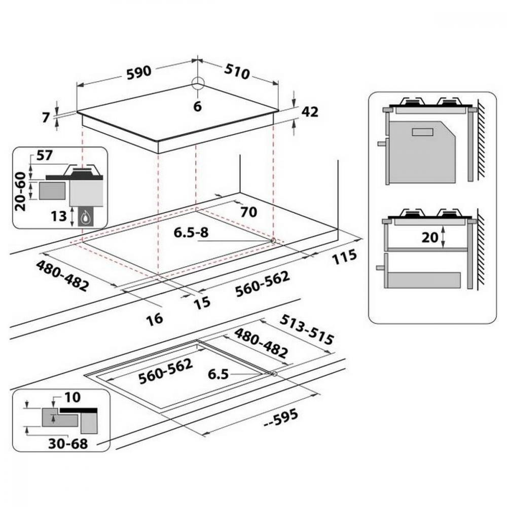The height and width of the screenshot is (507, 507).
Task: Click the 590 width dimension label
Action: coord(139,72)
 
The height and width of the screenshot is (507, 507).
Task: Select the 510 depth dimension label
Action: coord(237,71)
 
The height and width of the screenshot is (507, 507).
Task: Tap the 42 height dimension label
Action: coord(310,112)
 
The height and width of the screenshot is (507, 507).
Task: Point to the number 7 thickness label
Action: coord(46,118)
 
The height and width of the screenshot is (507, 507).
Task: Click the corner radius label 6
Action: coord(197,106)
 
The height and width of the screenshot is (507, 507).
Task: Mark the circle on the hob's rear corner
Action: coord(198,83)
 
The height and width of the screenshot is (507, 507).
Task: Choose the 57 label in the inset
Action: coord(44,156)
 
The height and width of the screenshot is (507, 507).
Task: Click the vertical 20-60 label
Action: coord(20,192)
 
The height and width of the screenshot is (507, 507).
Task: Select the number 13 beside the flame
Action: coord(58,216)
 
